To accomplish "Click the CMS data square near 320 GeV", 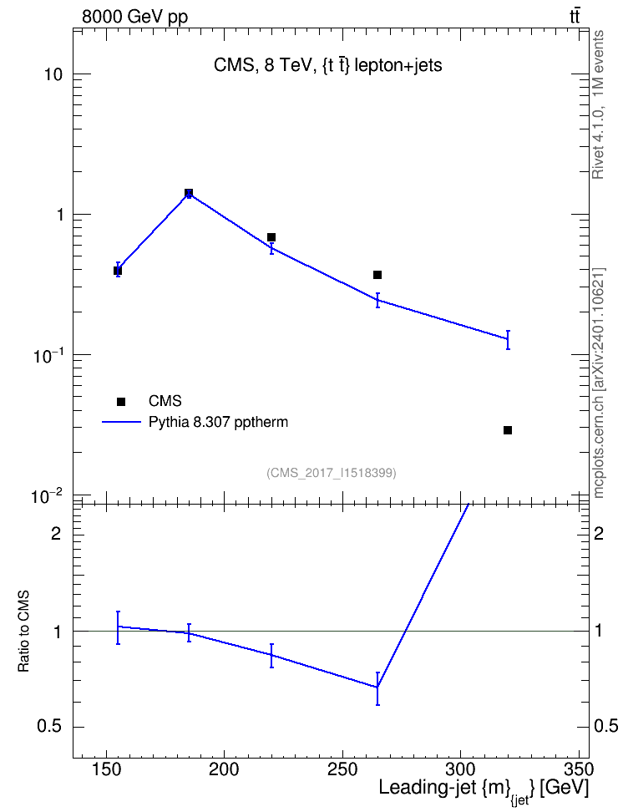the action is point(508,430).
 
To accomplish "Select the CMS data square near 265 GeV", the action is point(377,275).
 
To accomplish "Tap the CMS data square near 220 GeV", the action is point(271,237).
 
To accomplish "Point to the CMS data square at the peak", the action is point(189,193).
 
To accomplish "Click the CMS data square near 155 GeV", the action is point(118,271).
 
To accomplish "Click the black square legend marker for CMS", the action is point(121,401).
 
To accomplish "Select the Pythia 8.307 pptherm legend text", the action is point(218,422).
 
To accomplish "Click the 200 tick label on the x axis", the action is point(225,770).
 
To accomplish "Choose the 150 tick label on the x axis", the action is point(106,770).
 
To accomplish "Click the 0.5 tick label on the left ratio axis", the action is point(49,727).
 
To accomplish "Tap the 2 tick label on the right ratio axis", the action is point(599,533).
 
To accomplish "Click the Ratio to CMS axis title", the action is point(24,631).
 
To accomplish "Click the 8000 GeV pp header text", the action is point(134,17).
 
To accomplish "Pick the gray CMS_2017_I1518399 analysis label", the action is point(332,473).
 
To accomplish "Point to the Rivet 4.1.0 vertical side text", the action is point(598,104).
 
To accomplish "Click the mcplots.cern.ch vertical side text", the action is point(598,383).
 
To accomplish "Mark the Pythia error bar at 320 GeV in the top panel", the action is point(508,340).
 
